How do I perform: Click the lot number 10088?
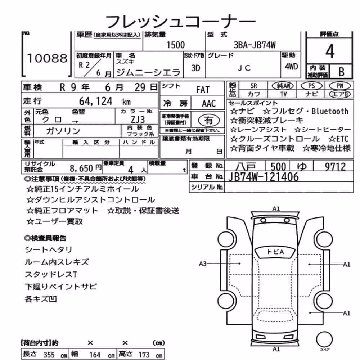pos(47,58)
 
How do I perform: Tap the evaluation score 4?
pos(330,51)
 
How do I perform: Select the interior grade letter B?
pos(341,72)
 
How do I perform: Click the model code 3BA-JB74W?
pos(255,45)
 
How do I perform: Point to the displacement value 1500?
pos(176,45)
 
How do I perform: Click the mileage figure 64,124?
pos(96,101)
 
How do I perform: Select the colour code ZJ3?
pos(138,120)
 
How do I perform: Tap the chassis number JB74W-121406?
pos(264,177)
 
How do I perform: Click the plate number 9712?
pos(335,167)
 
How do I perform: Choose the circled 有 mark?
pos(209,120)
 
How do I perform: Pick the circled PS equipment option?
pos(311,86)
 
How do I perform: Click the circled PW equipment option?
pos(340,86)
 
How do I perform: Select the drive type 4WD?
pos(291,67)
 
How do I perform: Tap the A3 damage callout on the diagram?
pos(202,264)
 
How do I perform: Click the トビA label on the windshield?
pos(275,252)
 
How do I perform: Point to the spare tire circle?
pos(324,339)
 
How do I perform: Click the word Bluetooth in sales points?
pos(330,111)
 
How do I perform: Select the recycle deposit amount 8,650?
pos(81,168)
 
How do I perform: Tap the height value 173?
pos(144,355)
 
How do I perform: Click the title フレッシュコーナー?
pos(180,21)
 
